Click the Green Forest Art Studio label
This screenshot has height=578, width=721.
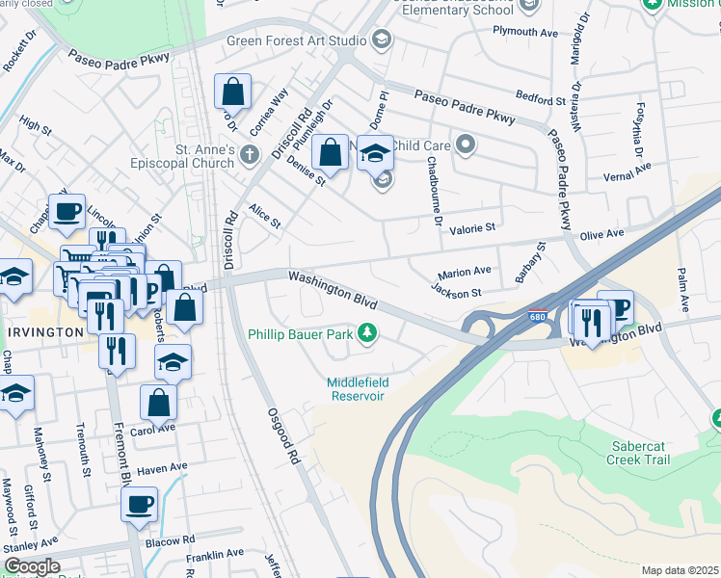point(296,40)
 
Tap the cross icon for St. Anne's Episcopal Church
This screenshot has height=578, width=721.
point(250,154)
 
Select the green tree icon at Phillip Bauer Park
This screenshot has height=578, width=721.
point(366,334)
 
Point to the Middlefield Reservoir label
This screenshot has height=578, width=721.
point(357,388)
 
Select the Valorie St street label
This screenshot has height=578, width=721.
point(471,228)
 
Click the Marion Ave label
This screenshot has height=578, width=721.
point(465,272)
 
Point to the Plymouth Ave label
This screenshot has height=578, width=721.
point(525,32)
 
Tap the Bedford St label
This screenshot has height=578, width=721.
point(540,100)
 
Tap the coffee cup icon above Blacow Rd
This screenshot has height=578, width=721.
point(139,504)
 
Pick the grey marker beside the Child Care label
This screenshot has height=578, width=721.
point(467,146)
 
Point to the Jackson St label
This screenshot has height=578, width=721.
point(456,290)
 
